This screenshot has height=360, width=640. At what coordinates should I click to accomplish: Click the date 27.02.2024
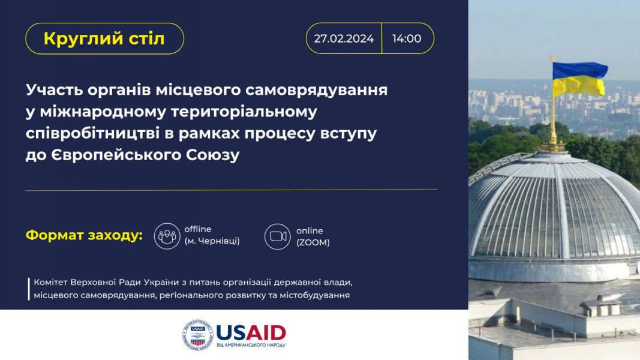[344, 38]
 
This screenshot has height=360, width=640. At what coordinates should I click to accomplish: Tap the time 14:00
[407, 38]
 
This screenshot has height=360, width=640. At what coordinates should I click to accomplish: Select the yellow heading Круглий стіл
[104, 39]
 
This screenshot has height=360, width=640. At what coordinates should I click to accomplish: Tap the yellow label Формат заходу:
[84, 236]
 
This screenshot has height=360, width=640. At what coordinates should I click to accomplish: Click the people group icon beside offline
[167, 236]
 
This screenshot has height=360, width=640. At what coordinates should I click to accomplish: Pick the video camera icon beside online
[278, 236]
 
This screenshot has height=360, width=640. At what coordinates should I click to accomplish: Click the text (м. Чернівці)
[212, 241]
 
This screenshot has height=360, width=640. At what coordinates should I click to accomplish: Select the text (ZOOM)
[313, 242]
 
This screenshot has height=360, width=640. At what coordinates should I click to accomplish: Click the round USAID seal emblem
[197, 335]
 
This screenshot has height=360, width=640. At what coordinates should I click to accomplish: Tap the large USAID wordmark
[251, 333]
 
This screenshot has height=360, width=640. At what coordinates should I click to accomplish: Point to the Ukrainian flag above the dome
[579, 79]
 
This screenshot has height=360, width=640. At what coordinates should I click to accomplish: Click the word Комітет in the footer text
[50, 282]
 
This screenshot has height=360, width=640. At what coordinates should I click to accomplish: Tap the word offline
[198, 229]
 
